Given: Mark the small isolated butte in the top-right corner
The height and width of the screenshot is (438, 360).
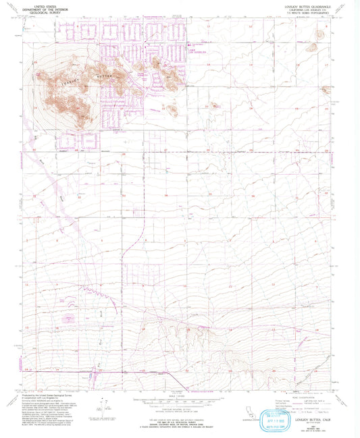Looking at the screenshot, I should [312, 47].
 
